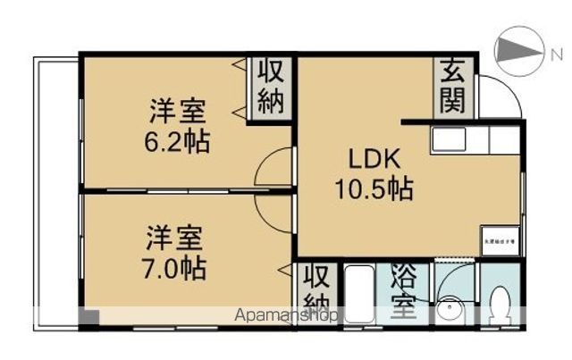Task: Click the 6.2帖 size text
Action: coord(179,140)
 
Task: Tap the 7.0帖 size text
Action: coord(177,265)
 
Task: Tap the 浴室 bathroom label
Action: coord(403,294)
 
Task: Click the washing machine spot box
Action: coord(500,239)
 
